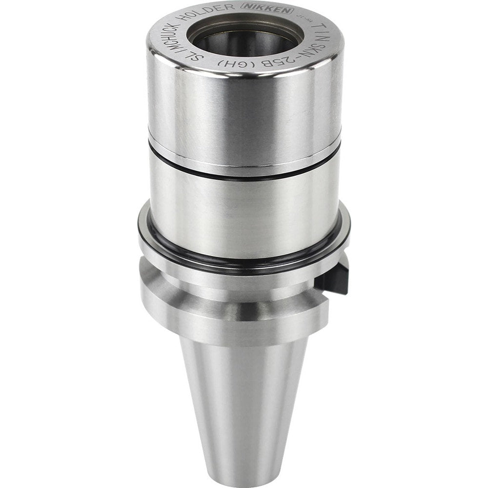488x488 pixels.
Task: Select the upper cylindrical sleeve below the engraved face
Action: [x=244, y=112]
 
